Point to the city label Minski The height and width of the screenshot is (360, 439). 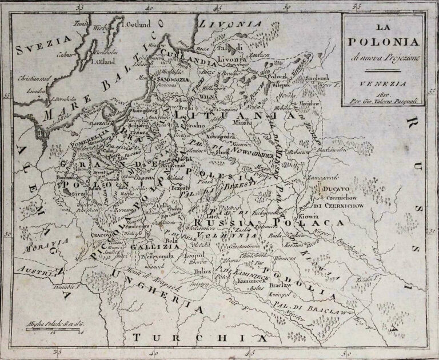(x=249, y=122)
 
